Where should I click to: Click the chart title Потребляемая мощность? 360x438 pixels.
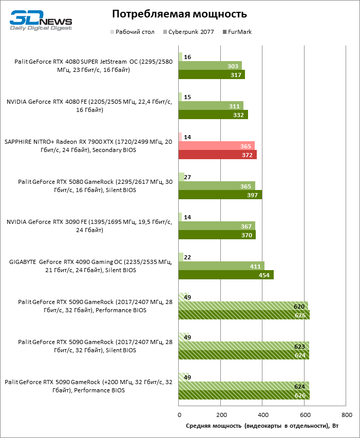(179, 13)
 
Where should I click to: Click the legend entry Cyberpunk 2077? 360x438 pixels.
(190, 32)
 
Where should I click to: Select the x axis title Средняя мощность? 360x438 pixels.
(262, 426)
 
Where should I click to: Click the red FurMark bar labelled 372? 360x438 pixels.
(217, 155)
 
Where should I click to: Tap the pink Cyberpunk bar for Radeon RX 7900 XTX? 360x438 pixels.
(216, 146)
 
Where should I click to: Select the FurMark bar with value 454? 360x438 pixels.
(226, 275)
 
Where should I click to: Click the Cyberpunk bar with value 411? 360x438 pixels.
(221, 266)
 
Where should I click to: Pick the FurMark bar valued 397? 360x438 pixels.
(220, 195)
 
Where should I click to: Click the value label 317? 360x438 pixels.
(237, 75)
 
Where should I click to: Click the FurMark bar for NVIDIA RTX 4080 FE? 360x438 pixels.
(213, 115)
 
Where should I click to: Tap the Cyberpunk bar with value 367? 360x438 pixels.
(217, 226)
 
